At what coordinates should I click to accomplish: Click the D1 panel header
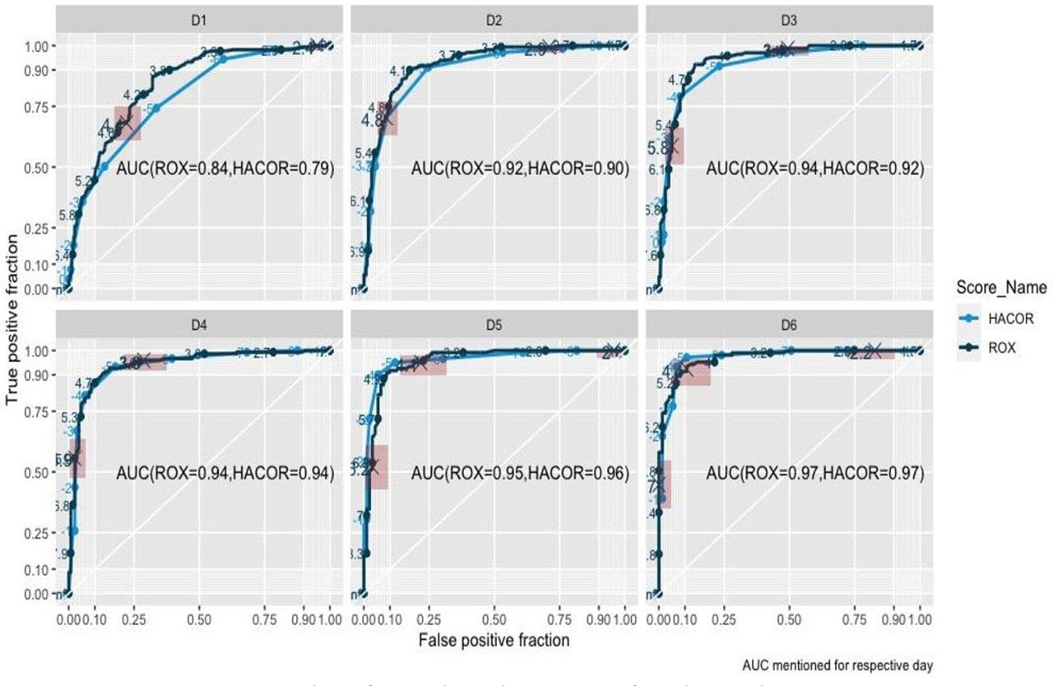click(197, 18)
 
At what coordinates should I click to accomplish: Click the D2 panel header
click(494, 18)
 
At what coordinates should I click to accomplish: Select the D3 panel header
click(788, 18)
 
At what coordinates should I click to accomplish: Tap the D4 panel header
click(197, 323)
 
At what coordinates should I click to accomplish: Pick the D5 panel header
click(494, 323)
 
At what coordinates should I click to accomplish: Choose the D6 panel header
click(788, 323)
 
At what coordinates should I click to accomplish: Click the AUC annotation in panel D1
click(225, 169)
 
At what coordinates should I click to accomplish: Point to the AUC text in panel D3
click(814, 169)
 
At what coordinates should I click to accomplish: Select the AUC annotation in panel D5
click(520, 474)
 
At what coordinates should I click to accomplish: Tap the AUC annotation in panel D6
click(814, 474)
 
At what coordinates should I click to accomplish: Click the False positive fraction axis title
click(494, 638)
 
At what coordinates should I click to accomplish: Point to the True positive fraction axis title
click(12, 319)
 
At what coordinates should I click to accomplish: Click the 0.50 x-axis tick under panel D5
click(494, 615)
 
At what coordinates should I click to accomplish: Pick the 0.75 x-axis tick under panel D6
click(854, 615)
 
